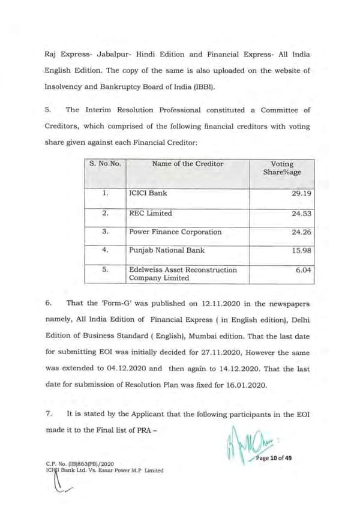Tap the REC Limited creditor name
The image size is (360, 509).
point(151,213)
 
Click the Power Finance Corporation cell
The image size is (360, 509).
point(175,232)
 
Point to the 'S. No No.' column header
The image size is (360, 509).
point(105,164)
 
